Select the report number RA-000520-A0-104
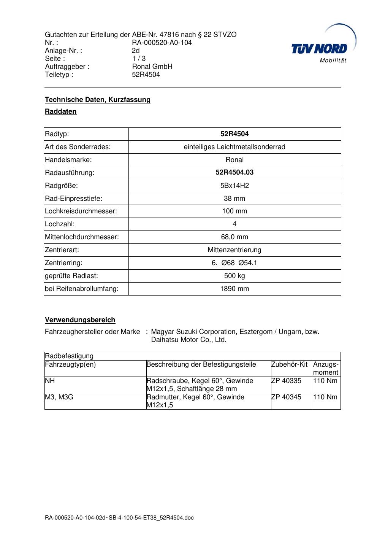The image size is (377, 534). click(x=162, y=43)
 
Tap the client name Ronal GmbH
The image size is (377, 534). click(x=152, y=67)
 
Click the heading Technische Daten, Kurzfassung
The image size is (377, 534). click(x=98, y=100)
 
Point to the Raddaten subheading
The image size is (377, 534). click(x=61, y=111)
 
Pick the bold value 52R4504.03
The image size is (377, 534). click(x=234, y=172)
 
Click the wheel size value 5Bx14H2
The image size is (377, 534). click(x=234, y=186)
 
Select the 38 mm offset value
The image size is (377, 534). click(x=234, y=199)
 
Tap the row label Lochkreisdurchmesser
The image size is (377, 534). click(x=81, y=211)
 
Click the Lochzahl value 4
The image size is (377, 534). click(x=234, y=224)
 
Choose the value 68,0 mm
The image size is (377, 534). click(x=234, y=237)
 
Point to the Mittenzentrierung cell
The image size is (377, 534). click(x=234, y=250)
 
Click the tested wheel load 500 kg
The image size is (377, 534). click(x=234, y=276)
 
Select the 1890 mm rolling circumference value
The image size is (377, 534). click(x=234, y=289)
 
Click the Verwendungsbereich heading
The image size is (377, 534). click(x=80, y=320)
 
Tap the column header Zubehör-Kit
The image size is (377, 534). click(x=289, y=364)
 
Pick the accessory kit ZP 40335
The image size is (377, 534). click(x=286, y=381)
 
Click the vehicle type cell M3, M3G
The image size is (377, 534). click(x=59, y=397)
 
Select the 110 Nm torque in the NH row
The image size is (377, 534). click(x=325, y=381)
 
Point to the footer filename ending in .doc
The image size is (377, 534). click(x=119, y=518)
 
